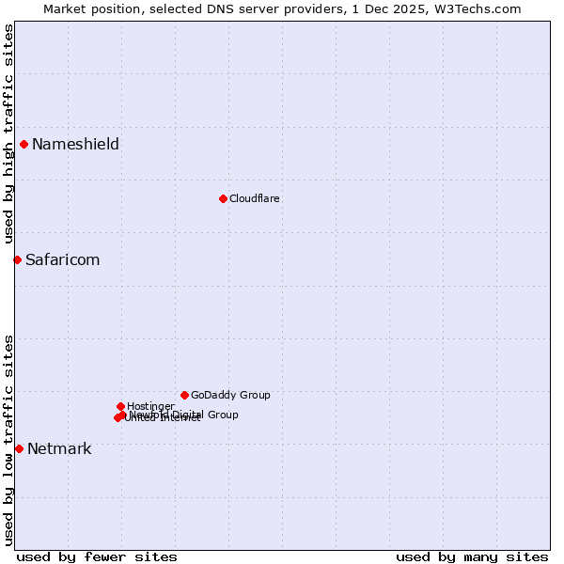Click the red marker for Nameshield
click(23, 144)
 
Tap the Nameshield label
click(75, 144)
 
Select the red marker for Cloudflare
click(223, 198)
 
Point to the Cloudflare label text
click(254, 198)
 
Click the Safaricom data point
click(17, 259)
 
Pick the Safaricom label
click(62, 259)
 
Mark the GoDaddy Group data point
click(184, 395)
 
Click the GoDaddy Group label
click(230, 395)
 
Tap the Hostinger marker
click(120, 406)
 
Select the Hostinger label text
click(150, 406)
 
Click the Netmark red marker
click(19, 448)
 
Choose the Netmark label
click(59, 448)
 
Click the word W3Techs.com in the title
click(485, 8)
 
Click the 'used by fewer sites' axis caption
click(97, 556)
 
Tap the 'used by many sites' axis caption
click(472, 556)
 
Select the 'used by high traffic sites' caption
click(8, 133)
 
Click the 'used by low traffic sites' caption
click(8, 440)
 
